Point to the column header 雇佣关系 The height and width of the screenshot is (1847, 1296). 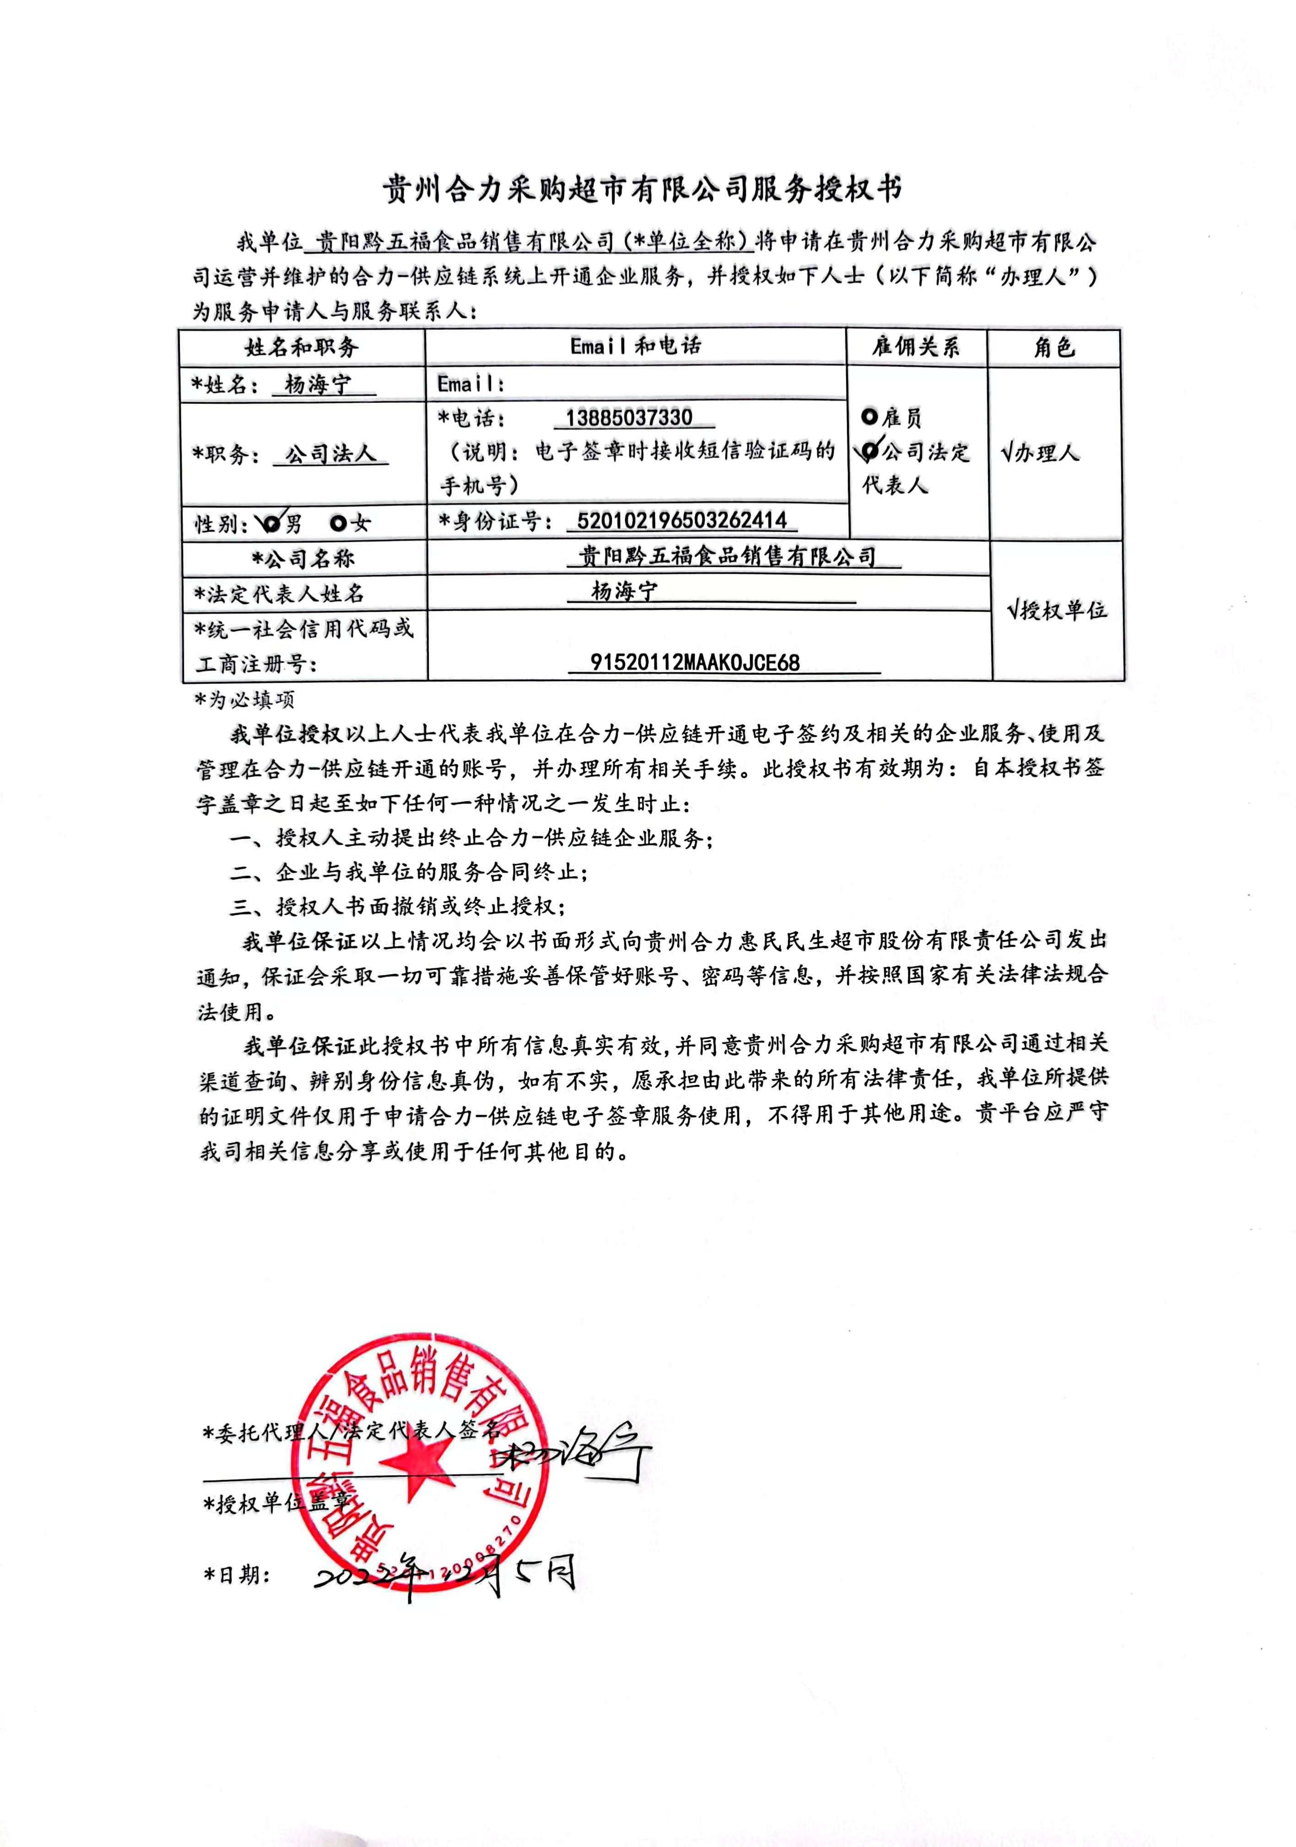(916, 347)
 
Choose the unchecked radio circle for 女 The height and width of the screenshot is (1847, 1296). (338, 524)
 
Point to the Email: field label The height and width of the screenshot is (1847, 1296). (470, 383)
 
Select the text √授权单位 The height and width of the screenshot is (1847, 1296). (1056, 610)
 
